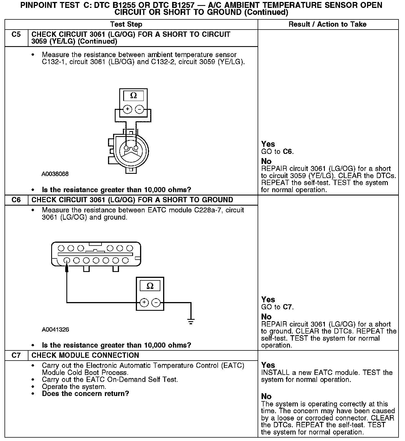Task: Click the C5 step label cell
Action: tap(16, 35)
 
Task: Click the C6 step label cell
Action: tap(16, 200)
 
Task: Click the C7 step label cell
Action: tap(16, 355)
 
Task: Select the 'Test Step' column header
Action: tap(126, 24)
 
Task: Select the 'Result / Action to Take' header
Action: tap(328, 24)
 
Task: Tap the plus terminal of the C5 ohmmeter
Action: tap(127, 109)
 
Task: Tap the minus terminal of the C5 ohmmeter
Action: tap(139, 109)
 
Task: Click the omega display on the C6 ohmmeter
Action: tap(150, 286)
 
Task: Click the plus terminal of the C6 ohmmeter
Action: tap(144, 302)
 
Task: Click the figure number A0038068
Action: tap(55, 174)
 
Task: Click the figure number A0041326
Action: tap(55, 329)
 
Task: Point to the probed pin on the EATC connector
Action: tap(67, 260)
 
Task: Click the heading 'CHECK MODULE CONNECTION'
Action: tap(85, 355)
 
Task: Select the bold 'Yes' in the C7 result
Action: tap(268, 365)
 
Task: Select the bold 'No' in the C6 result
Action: tap(266, 317)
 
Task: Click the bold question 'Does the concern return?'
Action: tap(85, 393)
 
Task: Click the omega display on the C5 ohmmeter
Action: tap(134, 96)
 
